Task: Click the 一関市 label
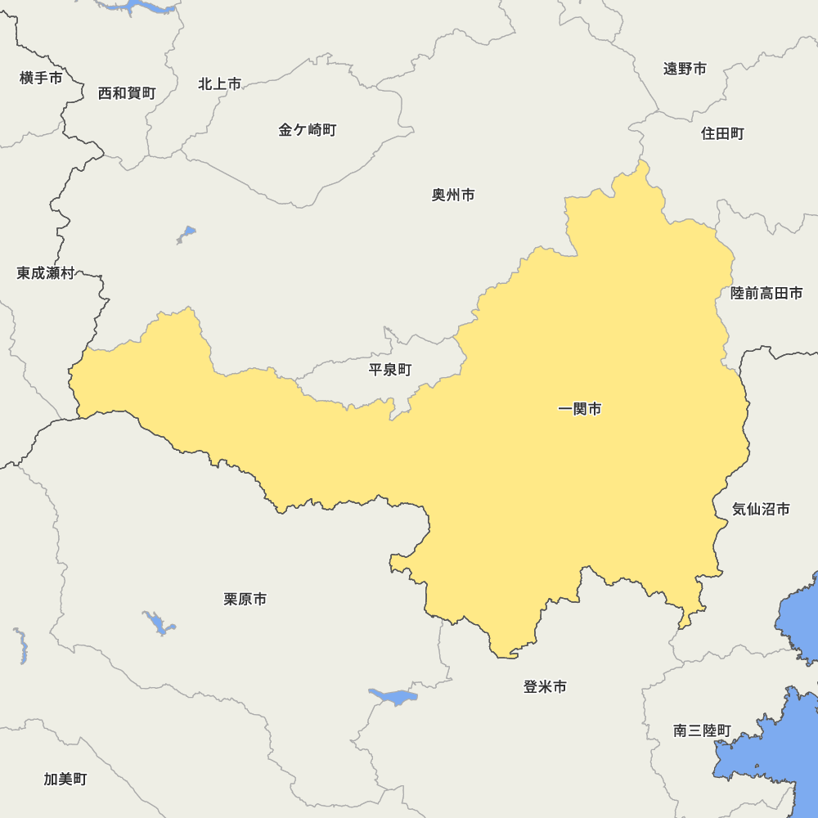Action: coord(579,409)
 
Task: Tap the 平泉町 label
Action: coord(390,370)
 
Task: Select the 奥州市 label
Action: coord(453,196)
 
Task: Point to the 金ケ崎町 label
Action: coord(307,130)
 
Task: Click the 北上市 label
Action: coord(219,84)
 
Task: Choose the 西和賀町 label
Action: coord(127,93)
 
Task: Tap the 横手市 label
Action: coord(41,79)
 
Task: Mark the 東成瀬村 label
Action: coord(46,273)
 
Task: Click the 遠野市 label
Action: coord(685,69)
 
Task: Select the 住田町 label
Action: coord(722,133)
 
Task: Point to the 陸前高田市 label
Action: coord(766,293)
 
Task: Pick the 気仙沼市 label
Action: coord(761,510)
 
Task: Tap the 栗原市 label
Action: coord(245,600)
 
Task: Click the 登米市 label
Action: coord(545,687)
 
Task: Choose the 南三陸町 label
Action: coord(703,730)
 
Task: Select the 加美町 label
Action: coord(65,780)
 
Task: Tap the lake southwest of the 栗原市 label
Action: coord(159,623)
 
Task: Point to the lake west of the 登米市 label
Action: coord(394,697)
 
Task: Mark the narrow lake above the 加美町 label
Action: coord(21,646)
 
